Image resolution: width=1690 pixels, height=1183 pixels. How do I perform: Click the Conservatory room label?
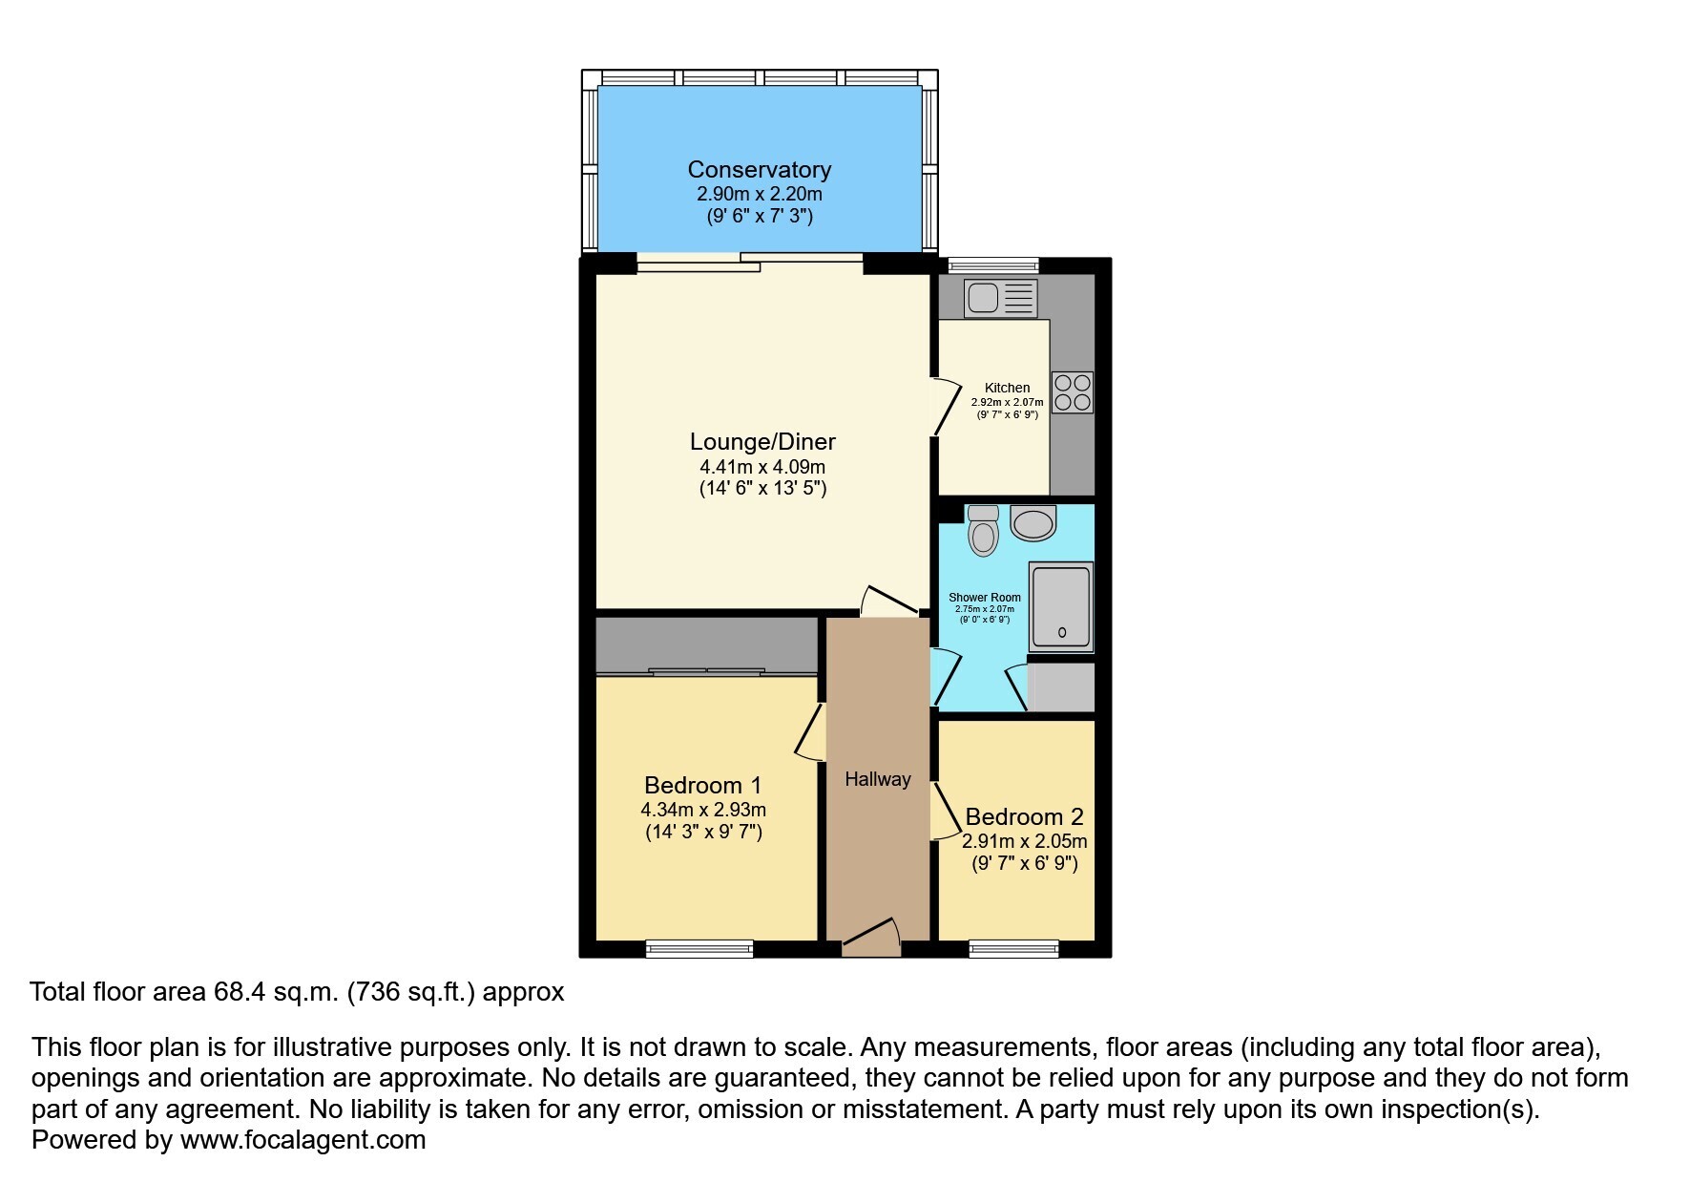(x=760, y=170)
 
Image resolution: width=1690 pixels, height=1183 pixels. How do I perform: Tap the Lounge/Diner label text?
(x=762, y=442)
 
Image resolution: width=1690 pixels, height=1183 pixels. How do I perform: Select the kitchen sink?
(x=1000, y=298)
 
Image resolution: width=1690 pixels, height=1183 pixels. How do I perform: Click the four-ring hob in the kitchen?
(x=1073, y=392)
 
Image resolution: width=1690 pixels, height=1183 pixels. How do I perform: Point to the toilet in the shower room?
(x=983, y=530)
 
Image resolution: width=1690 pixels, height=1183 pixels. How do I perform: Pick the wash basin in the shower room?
(x=1033, y=521)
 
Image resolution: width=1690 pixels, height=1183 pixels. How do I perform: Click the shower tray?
(x=1061, y=606)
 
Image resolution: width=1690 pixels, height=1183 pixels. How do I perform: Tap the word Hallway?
(x=878, y=779)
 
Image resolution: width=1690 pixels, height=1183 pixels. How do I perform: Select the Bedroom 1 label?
(x=703, y=786)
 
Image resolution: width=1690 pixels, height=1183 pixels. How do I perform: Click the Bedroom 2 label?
(x=1025, y=817)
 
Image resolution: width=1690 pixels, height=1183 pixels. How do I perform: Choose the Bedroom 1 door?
(x=810, y=732)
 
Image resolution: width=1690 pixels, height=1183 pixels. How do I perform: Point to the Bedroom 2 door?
(x=945, y=812)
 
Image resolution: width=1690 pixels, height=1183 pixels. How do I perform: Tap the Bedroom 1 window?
(x=699, y=948)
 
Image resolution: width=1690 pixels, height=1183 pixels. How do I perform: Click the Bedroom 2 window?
(x=1013, y=948)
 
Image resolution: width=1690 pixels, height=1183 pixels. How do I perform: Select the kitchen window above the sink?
(x=992, y=264)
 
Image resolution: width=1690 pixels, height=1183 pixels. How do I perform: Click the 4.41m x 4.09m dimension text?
(x=762, y=468)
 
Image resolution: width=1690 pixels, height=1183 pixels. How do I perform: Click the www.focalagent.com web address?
(x=303, y=1140)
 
